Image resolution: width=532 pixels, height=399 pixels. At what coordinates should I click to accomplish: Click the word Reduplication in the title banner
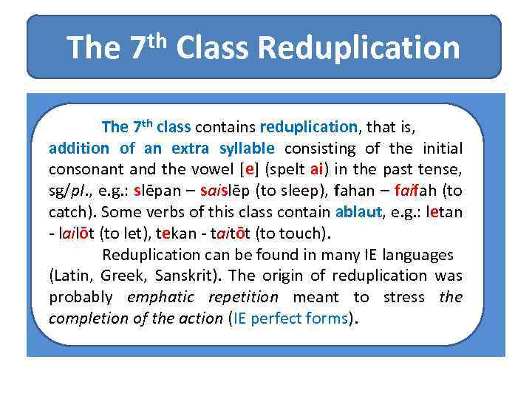[x=359, y=48]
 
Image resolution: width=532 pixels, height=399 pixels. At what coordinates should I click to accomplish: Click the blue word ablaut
[x=358, y=212]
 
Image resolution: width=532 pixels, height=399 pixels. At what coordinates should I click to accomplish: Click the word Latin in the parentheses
[x=70, y=276]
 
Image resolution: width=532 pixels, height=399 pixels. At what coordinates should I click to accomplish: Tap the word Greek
[x=121, y=276]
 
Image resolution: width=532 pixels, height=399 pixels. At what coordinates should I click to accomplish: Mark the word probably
[x=81, y=298]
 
